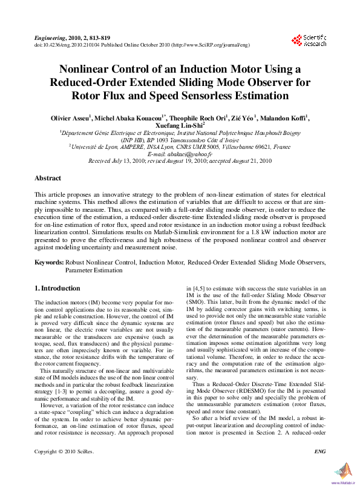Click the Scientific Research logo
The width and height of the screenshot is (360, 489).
309,41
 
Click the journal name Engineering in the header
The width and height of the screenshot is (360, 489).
50,37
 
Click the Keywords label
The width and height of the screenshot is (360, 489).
49,261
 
